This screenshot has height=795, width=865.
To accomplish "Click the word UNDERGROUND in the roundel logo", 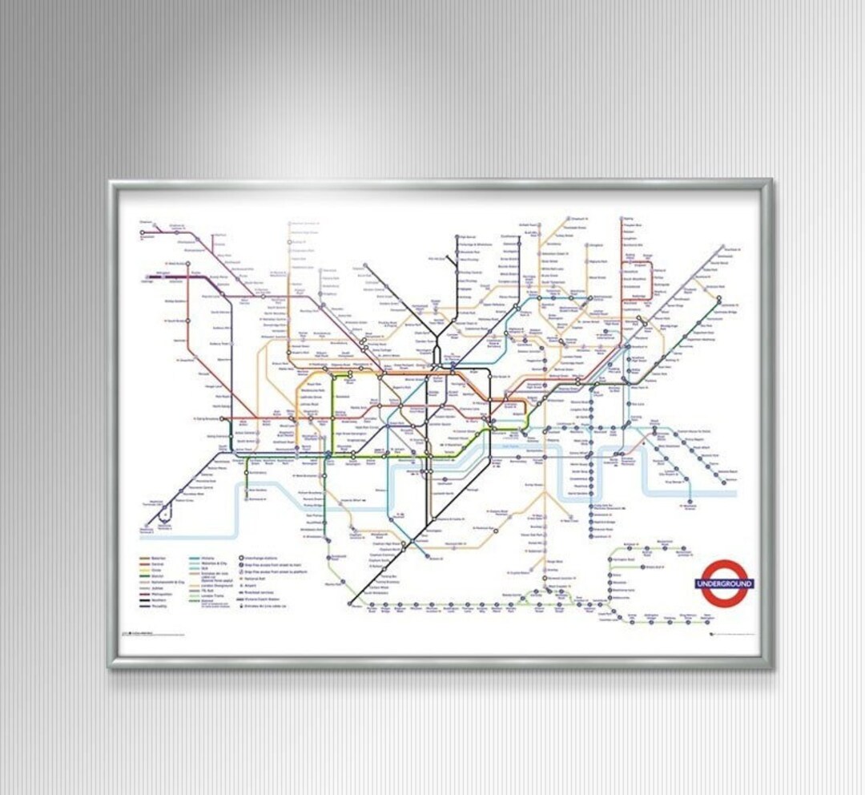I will point(724,583).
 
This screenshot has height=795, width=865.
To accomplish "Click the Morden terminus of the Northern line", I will point(351,603).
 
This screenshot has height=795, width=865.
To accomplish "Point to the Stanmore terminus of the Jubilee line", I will point(290,225).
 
